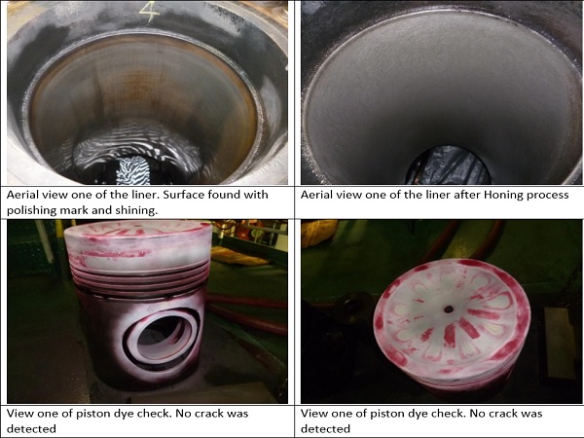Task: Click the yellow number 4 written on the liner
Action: click(150, 11)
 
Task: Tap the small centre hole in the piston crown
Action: click(449, 310)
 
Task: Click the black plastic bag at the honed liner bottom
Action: click(448, 165)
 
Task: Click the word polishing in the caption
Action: click(31, 210)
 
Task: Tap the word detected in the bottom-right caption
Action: click(325, 429)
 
